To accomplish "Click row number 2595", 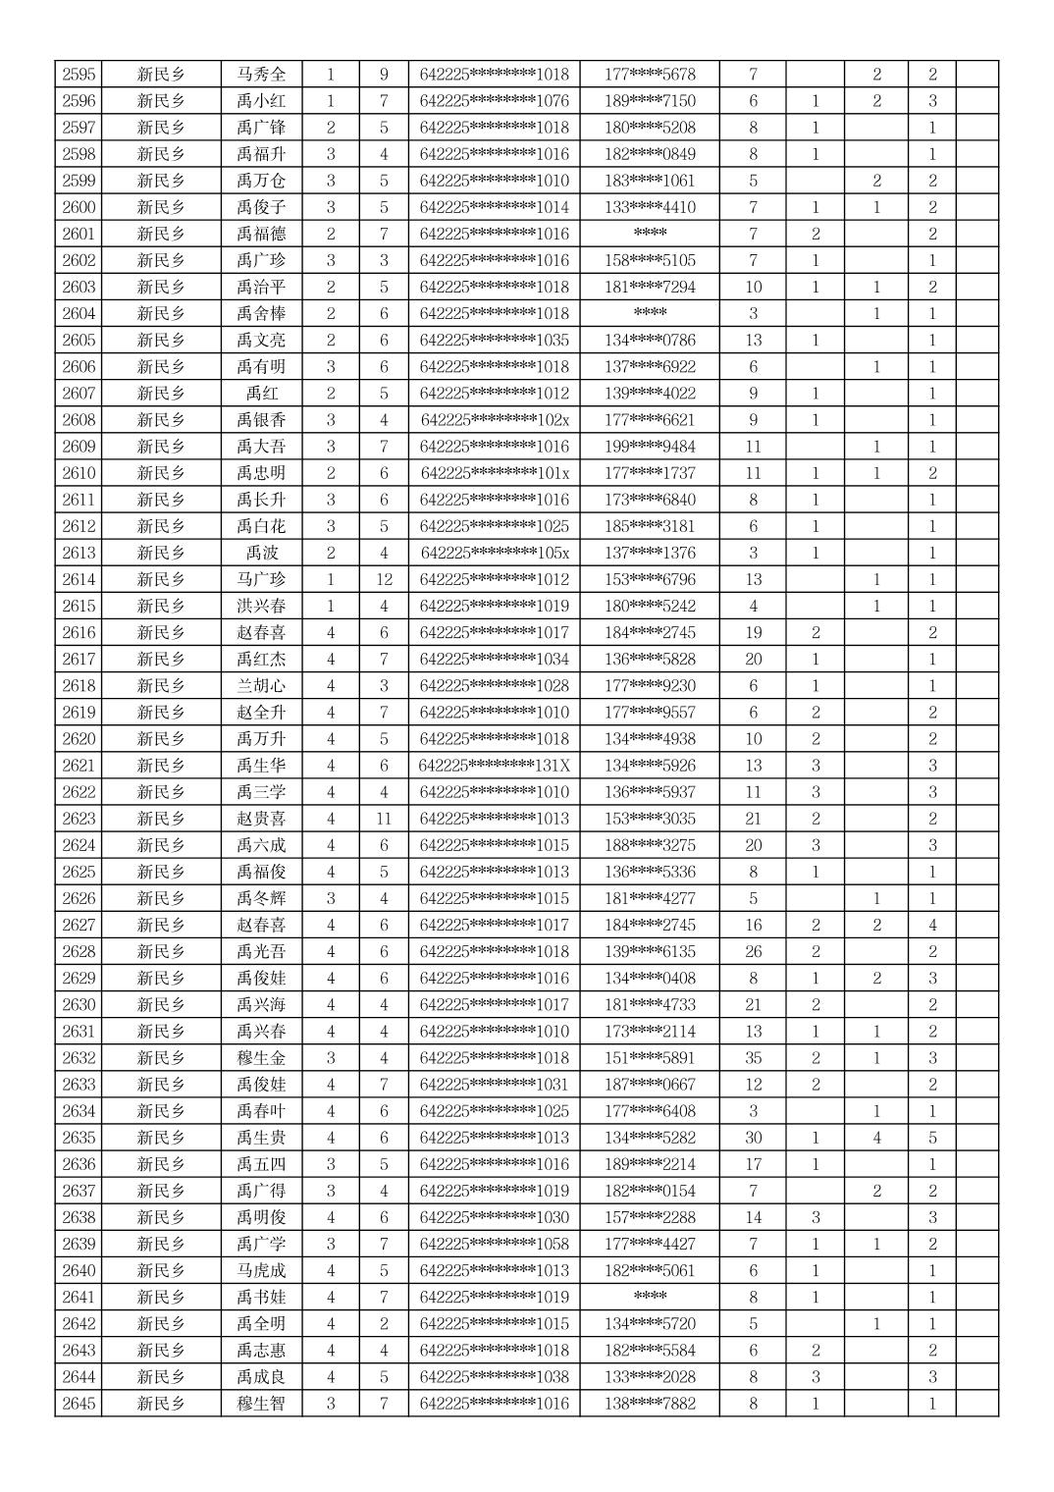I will [79, 75].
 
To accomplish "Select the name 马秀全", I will [261, 75].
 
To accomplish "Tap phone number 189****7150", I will [650, 101].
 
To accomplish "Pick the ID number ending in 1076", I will [494, 101].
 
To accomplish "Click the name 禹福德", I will [261, 234].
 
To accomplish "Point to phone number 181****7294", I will [650, 287].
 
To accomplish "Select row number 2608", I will [79, 420].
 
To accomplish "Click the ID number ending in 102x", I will [494, 420].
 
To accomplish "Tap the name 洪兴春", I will [261, 606].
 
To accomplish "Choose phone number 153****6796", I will [650, 579].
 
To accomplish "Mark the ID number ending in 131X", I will [494, 766].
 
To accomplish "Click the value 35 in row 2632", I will [753, 1058].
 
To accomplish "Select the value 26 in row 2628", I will [753, 951].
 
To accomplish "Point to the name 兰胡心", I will [261, 686].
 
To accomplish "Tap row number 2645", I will [79, 1404].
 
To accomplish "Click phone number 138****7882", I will [650, 1404].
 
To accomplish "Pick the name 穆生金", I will [261, 1058].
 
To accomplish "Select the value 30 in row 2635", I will [753, 1138].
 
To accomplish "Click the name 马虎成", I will [261, 1270].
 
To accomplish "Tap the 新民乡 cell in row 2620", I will [162, 739].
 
